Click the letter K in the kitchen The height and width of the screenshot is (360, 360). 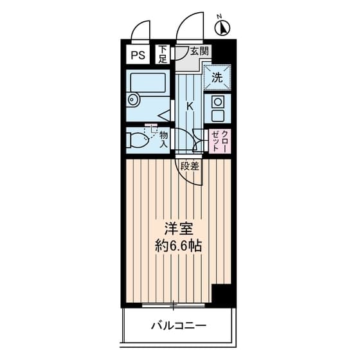(x=190, y=106)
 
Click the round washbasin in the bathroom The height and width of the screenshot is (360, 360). (x=134, y=100)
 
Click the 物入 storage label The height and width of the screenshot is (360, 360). (x=165, y=139)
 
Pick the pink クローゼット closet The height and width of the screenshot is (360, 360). (x=219, y=139)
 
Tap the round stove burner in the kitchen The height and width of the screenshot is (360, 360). (x=217, y=102)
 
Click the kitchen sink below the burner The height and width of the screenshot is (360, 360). (x=217, y=116)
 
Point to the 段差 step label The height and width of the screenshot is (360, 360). (x=190, y=166)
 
